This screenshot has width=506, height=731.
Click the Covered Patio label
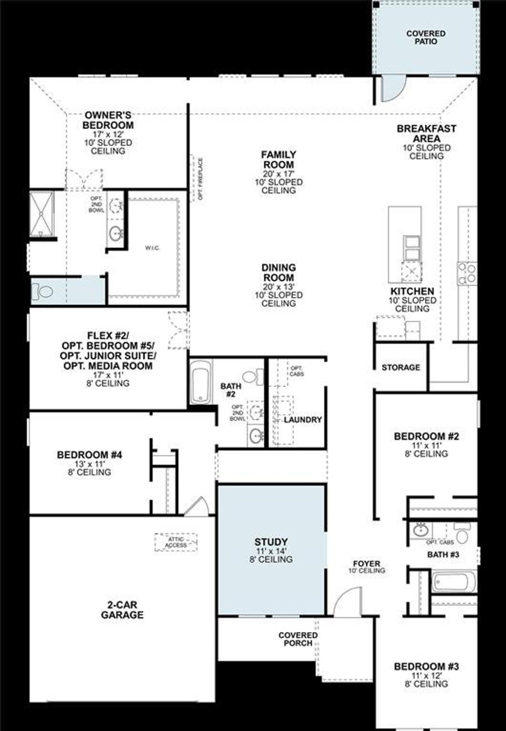pos(426,38)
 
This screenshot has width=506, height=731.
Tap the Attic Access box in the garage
pos(176,542)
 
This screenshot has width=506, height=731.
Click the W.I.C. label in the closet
pos(152,248)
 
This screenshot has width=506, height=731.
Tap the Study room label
pos(271,542)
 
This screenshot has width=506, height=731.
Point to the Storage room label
pos(400,368)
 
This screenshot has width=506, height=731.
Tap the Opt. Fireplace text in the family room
pos(200,179)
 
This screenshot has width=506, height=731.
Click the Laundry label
pos(302,420)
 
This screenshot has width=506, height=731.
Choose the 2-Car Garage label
pos(122,610)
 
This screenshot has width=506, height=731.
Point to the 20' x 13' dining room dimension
pos(279,286)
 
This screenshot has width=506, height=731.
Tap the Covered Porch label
pos(298,639)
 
